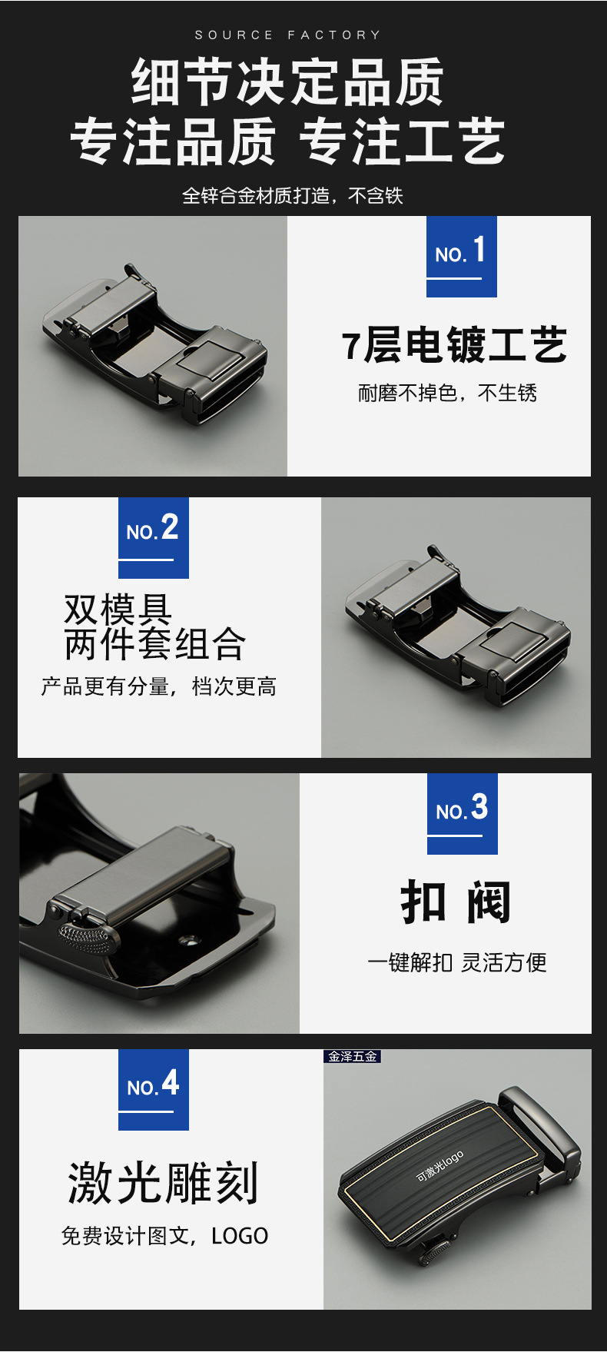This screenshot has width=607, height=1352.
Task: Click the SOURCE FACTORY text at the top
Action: [288, 35]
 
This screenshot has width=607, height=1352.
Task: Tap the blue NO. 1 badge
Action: [462, 256]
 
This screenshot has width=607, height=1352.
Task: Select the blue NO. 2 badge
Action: [154, 537]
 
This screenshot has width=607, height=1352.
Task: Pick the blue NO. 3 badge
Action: [463, 813]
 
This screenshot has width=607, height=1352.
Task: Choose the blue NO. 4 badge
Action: [154, 1089]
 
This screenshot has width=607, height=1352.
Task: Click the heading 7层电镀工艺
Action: [455, 345]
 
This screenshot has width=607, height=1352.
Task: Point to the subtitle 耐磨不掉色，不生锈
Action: [447, 394]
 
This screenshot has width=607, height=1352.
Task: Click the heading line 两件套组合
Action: [154, 644]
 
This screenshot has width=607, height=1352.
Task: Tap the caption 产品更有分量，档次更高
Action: [158, 686]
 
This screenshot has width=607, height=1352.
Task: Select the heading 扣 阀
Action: [456, 902]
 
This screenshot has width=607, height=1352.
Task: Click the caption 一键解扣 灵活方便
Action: [457, 962]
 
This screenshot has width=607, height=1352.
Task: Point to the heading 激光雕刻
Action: [163, 1183]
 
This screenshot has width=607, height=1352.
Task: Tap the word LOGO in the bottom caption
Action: [240, 1236]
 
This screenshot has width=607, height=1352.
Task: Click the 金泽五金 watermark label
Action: [353, 1056]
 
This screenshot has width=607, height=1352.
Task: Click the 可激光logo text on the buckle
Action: [439, 1166]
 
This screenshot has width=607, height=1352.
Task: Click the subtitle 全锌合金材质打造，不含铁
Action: [293, 196]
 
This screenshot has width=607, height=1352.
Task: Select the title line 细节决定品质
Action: [288, 81]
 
